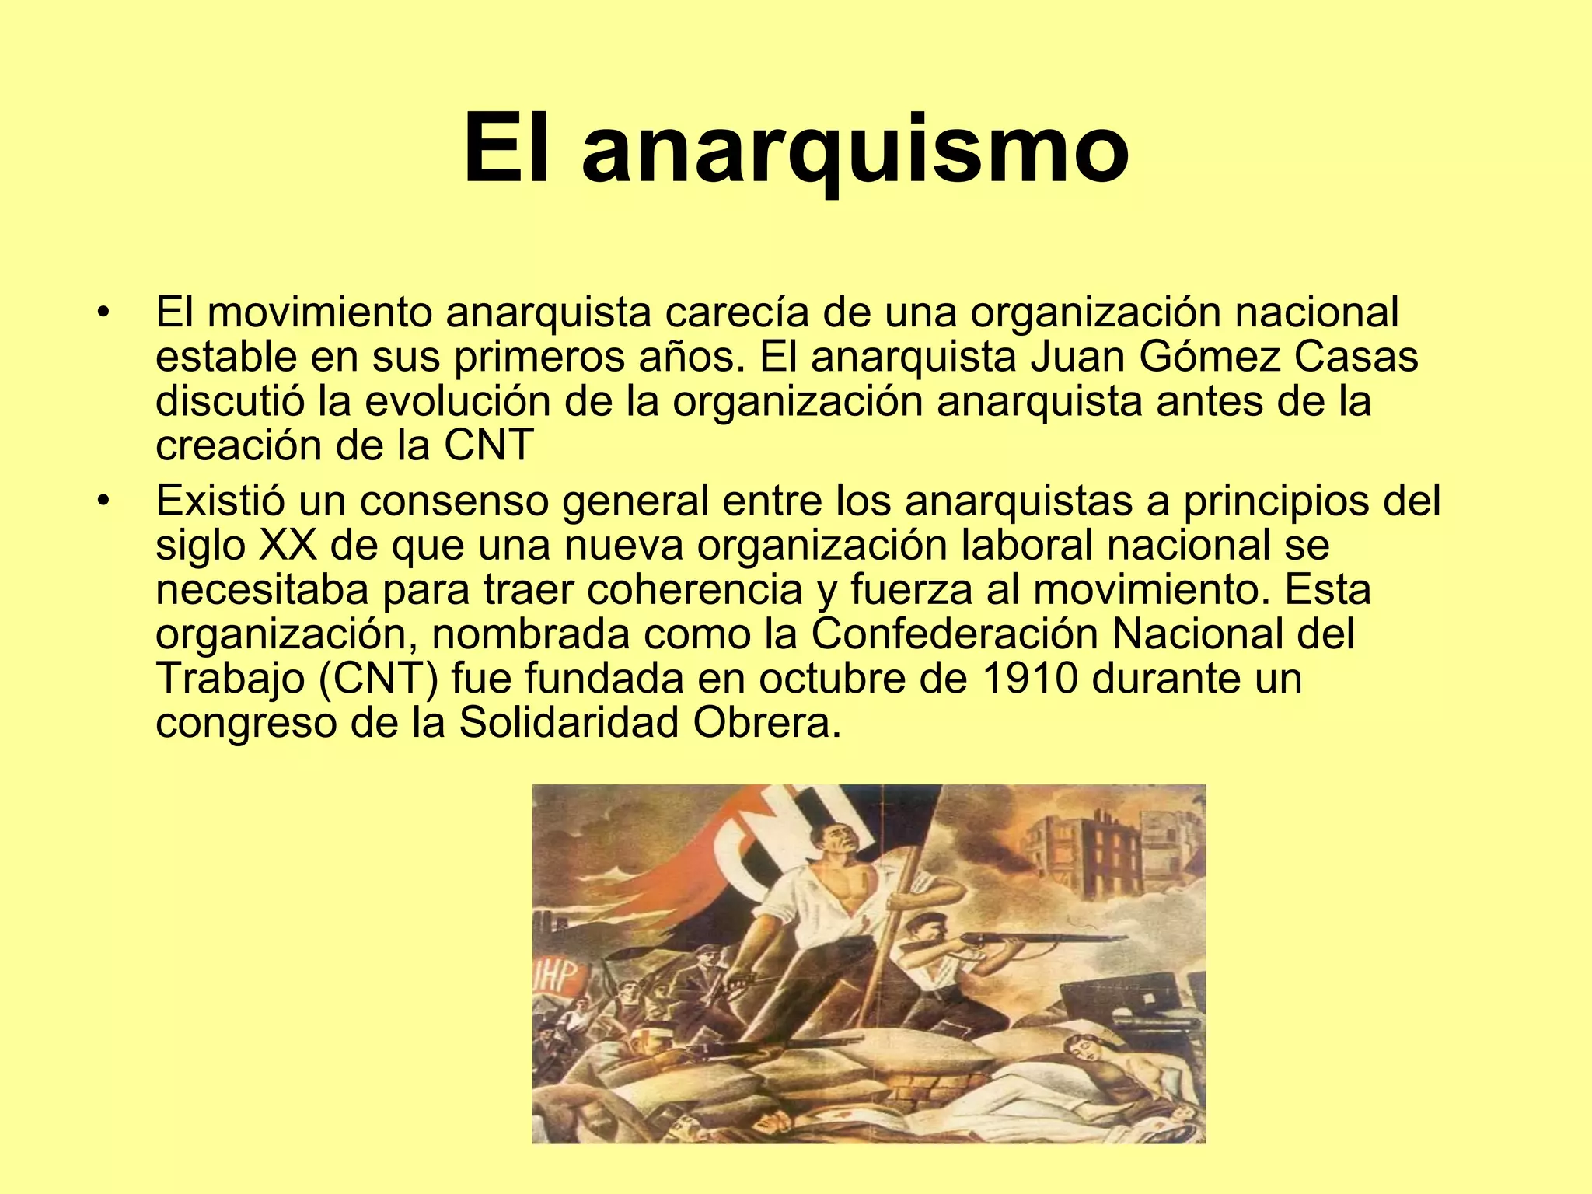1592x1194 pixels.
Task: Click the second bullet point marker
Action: pyautogui.click(x=102, y=501)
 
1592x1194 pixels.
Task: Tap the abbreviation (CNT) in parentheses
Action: pyautogui.click(x=379, y=679)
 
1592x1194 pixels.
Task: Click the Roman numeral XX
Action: pyautogui.click(x=287, y=546)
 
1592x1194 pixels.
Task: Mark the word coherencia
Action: pyautogui.click(x=694, y=590)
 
